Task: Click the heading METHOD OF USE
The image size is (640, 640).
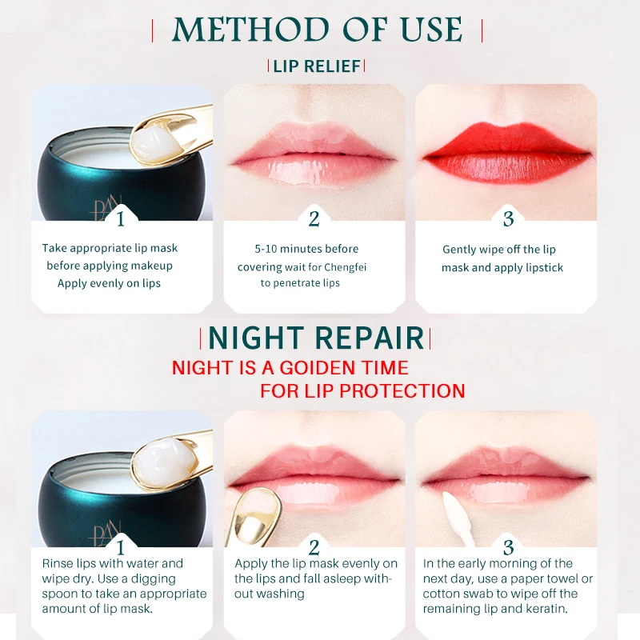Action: pos(318,30)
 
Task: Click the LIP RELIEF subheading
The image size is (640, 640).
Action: pos(317,66)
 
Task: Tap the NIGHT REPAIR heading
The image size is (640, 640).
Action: pos(317,338)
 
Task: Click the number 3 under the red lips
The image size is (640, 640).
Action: pos(508,218)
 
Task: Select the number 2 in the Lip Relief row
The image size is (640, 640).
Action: pos(314,218)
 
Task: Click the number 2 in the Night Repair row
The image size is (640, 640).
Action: pos(314,547)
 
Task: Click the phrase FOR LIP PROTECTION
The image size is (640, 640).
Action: pos(362,391)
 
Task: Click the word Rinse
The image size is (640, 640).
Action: pos(58,564)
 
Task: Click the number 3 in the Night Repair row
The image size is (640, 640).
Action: pos(508,547)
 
